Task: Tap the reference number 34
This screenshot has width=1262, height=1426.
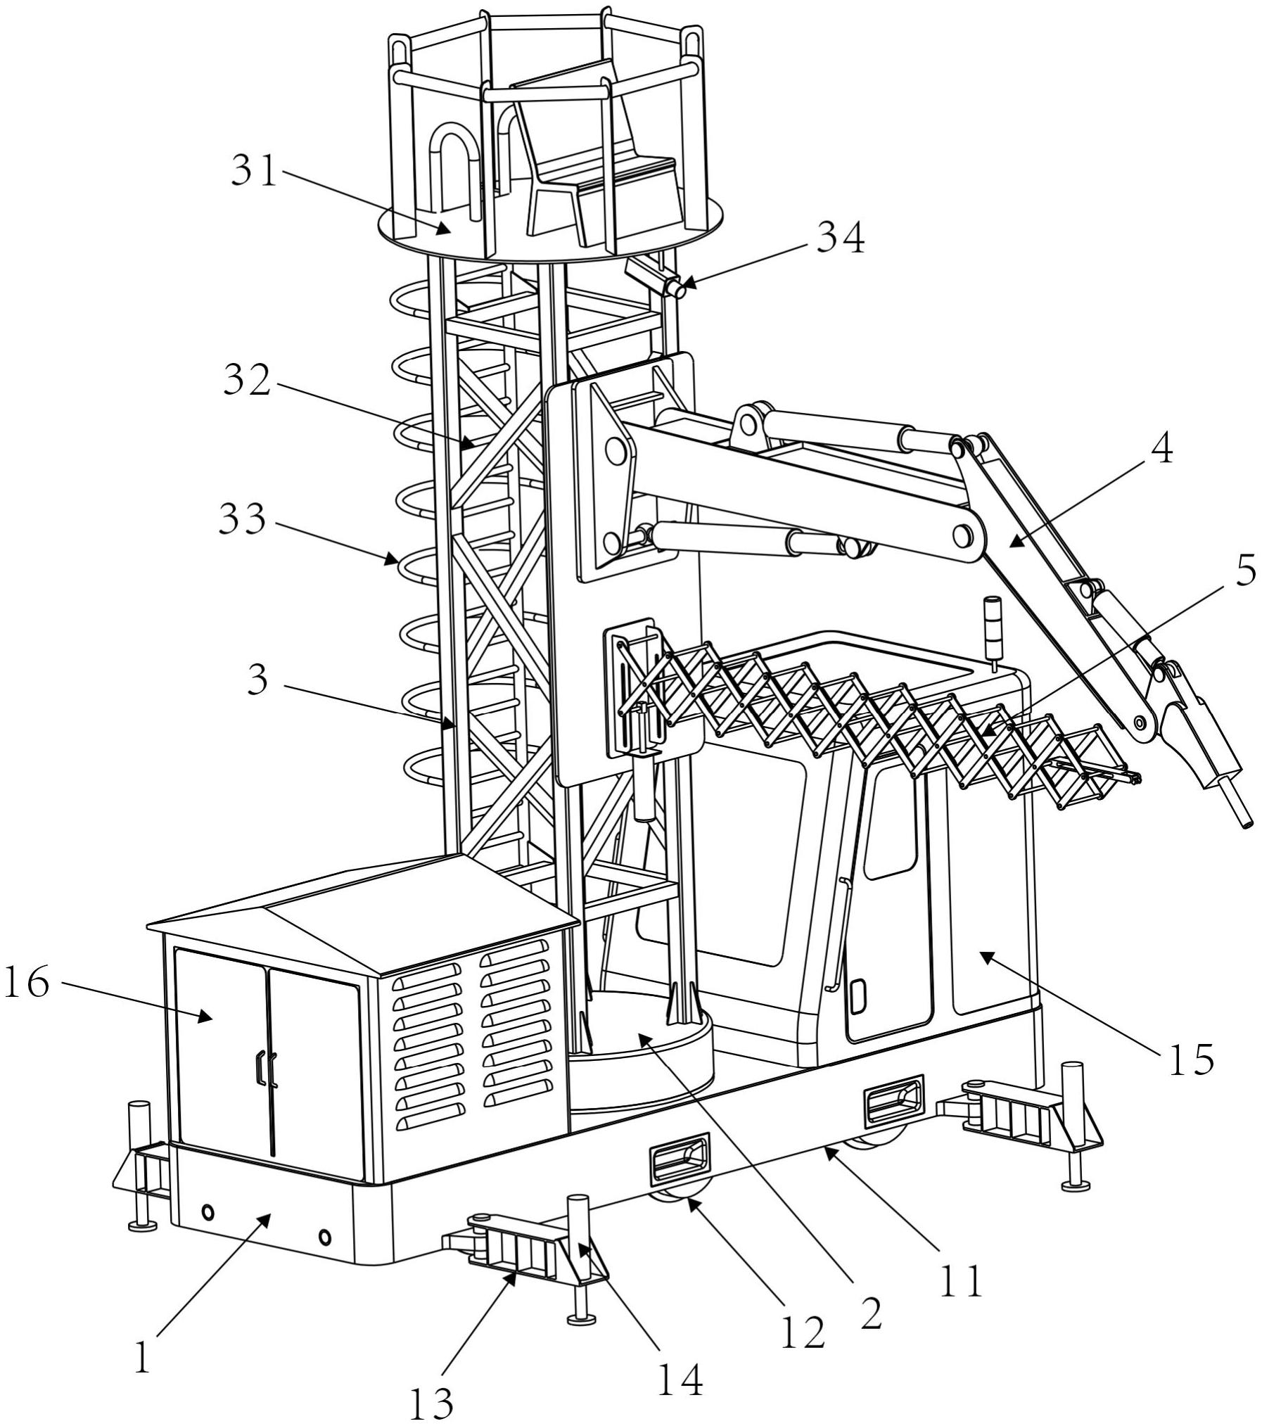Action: (x=840, y=239)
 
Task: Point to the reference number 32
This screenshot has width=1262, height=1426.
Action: (x=248, y=381)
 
